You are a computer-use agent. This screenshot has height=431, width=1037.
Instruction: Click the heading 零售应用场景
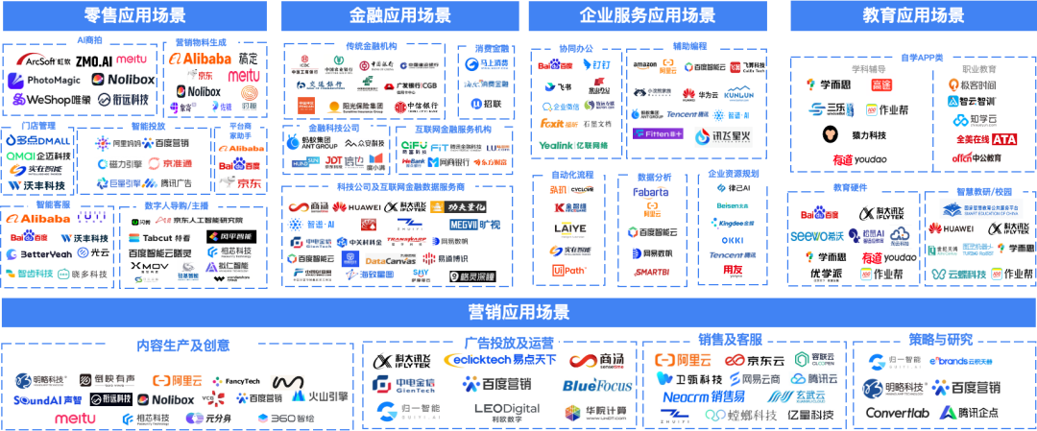135,16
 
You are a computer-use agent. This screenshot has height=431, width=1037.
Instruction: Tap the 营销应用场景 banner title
518,312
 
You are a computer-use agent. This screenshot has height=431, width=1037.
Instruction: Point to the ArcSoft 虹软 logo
43,60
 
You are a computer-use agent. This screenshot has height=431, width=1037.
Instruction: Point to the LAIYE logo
569,229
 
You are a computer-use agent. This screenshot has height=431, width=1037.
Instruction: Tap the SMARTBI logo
652,273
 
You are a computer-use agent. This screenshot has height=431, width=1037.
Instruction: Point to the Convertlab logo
898,413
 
